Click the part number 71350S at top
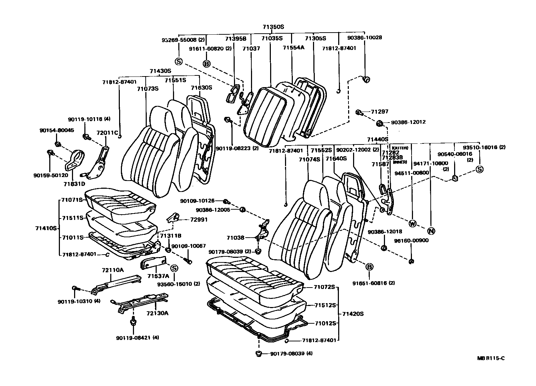[x=273, y=27]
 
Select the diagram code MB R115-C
[x=491, y=358]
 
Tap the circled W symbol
[x=413, y=223]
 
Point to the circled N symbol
[x=431, y=231]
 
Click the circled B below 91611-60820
[x=206, y=64]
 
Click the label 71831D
[x=74, y=184]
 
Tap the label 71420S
[x=353, y=314]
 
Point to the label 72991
[x=199, y=220]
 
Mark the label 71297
[x=380, y=112]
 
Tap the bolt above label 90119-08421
[x=133, y=322]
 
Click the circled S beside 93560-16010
[x=174, y=268]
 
